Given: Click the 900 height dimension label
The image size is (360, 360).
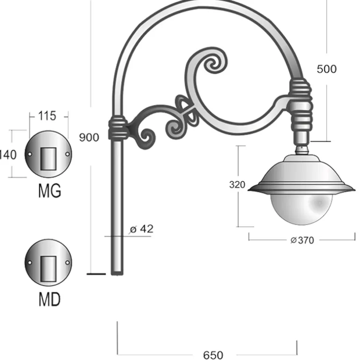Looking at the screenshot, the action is (89, 137).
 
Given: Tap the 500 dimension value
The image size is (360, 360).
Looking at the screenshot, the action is (327, 69).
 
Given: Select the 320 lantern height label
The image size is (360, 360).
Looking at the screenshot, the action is (237, 185).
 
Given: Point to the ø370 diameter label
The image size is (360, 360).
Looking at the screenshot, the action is (302, 240).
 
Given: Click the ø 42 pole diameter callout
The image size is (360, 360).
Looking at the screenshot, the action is (141, 229).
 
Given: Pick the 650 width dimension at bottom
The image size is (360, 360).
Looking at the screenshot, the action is (213, 355).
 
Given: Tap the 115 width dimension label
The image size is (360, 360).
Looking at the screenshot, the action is (47, 116).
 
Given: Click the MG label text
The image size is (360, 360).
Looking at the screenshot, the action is (50, 191).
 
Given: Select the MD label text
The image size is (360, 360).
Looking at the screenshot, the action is (50, 299).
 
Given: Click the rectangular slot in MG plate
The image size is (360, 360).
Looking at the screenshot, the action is (48, 159).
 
